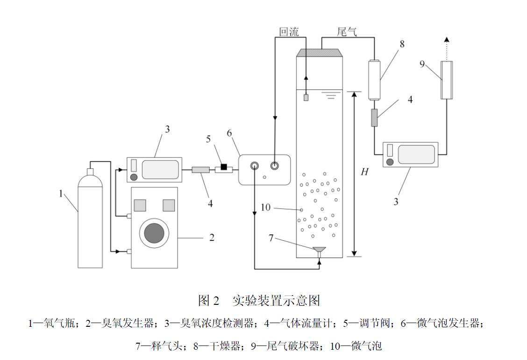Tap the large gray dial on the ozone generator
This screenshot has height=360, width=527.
pos(154,232)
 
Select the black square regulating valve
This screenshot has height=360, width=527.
pos(224,167)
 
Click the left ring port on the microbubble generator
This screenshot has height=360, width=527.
pos(255,166)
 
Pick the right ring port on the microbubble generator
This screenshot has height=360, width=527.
pos(274,166)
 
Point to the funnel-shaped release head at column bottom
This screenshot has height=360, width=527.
pos(320,251)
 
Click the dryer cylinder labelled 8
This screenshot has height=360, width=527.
pos(374,79)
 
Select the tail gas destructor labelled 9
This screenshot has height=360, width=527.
pos(447,80)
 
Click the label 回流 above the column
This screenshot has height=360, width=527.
pos(289,32)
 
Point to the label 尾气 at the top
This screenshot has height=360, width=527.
pos(347,32)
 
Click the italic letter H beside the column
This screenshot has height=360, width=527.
pos(364,172)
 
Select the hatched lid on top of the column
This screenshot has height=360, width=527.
pos(320,53)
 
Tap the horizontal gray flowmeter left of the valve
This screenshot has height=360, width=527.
pos(200,170)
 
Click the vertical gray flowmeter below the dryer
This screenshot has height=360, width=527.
pos(374,117)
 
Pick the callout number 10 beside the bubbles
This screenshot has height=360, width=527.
pos(265,207)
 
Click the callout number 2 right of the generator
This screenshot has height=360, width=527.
pos(212,238)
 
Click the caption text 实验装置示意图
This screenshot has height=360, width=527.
pos(276,301)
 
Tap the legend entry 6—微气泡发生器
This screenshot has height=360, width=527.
pos(442,323)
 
